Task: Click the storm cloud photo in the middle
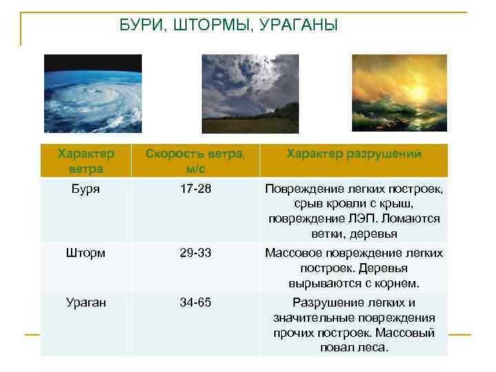250,93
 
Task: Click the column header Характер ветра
85,161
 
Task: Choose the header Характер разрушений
353,154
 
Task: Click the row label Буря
85,188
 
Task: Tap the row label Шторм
85,253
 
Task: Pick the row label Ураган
85,302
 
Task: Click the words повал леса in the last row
354,348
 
